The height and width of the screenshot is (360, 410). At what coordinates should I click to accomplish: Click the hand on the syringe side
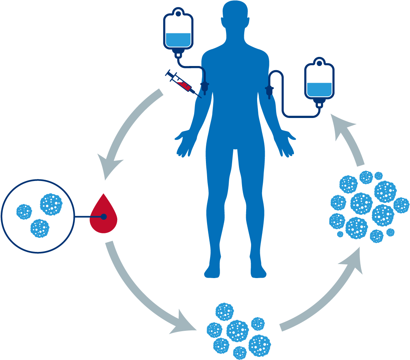[x=185, y=142]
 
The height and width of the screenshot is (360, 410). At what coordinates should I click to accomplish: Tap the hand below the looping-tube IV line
[x=285, y=142]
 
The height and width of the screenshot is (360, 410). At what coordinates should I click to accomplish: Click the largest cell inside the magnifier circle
[x=51, y=204]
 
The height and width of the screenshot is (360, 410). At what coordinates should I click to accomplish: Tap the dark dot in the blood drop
[x=104, y=217]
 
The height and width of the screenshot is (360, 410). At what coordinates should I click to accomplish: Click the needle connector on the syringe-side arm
[x=205, y=87]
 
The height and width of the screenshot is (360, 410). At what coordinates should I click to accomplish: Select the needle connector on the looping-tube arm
[x=270, y=91]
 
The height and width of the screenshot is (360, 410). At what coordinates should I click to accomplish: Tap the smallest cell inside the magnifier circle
[x=24, y=212]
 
